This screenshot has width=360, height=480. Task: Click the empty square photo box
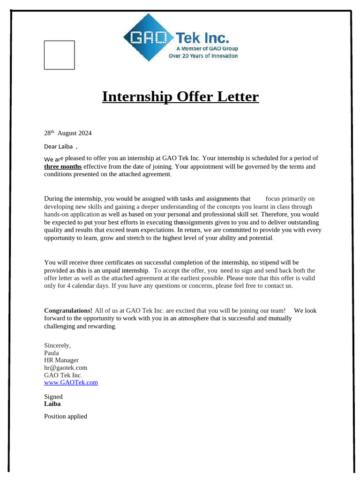click(59, 55)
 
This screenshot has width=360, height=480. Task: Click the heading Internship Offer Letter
click(180, 97)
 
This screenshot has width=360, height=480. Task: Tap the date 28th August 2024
click(68, 133)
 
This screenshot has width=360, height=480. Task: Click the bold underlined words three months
click(63, 166)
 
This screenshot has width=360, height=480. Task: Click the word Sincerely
click(57, 345)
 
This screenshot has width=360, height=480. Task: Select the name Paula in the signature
click(52, 353)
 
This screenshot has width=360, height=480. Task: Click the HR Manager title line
click(61, 360)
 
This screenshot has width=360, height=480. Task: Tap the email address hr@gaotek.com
click(66, 368)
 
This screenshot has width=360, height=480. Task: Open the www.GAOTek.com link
click(71, 382)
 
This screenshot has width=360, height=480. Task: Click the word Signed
click(53, 397)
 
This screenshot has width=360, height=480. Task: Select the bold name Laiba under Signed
click(52, 404)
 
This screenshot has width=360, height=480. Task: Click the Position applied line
click(66, 416)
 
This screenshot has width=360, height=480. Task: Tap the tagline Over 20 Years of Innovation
click(203, 56)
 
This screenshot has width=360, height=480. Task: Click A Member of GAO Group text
click(207, 49)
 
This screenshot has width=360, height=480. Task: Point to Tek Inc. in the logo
click(202, 37)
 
